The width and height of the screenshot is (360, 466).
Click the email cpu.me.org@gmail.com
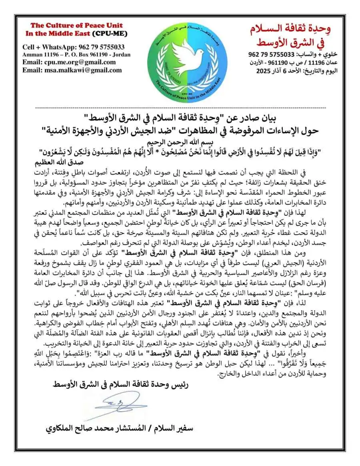tap(69, 62)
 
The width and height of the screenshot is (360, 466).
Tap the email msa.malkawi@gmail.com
tap(72, 70)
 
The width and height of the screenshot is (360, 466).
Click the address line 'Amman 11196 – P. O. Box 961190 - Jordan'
tap(76, 54)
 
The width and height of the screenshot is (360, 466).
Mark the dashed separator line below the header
tap(181, 108)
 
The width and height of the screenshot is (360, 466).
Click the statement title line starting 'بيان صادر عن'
tap(180, 119)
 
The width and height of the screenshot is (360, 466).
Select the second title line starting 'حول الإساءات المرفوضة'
tap(180, 131)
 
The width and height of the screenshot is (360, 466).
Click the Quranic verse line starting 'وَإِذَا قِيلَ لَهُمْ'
tap(180, 152)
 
